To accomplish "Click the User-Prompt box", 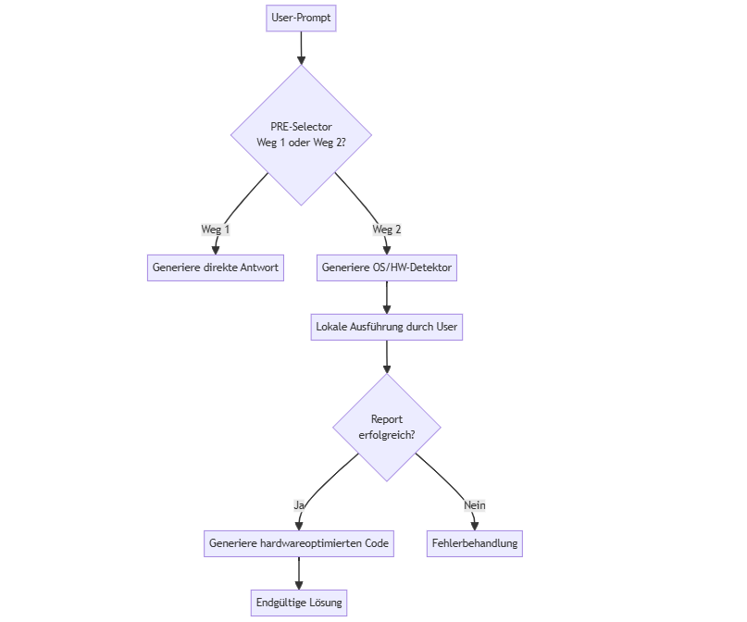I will [x=301, y=18].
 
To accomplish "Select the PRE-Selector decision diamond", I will [x=301, y=135].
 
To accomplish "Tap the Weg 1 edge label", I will [x=216, y=230].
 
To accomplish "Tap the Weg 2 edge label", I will [x=387, y=230].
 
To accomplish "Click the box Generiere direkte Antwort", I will [x=216, y=268].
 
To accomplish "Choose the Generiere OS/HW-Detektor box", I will [x=387, y=268].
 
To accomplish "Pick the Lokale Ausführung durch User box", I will [x=387, y=327].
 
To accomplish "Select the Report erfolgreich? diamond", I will [x=387, y=427].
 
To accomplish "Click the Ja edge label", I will [x=299, y=505].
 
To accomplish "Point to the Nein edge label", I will [x=475, y=505].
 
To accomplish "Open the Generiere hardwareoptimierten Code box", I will [x=299, y=543].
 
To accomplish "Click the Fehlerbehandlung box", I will [x=475, y=543].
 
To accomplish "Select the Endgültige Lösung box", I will [x=299, y=603].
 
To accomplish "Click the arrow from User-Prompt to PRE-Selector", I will [x=301, y=46].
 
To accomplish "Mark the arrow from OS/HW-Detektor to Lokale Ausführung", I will [x=387, y=296].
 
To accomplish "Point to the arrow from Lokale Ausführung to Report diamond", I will [x=387, y=356].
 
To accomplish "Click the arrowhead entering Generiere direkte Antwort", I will [x=216, y=249].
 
